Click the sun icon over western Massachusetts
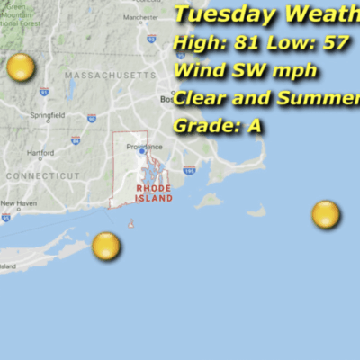pos(21,67)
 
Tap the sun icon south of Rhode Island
pos(106,245)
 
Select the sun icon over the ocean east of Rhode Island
pos(326,215)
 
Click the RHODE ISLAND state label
pos(153,193)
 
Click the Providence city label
pos(144,147)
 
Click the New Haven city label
pos(18,203)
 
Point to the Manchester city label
pos(140,17)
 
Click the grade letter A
pos(255,126)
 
